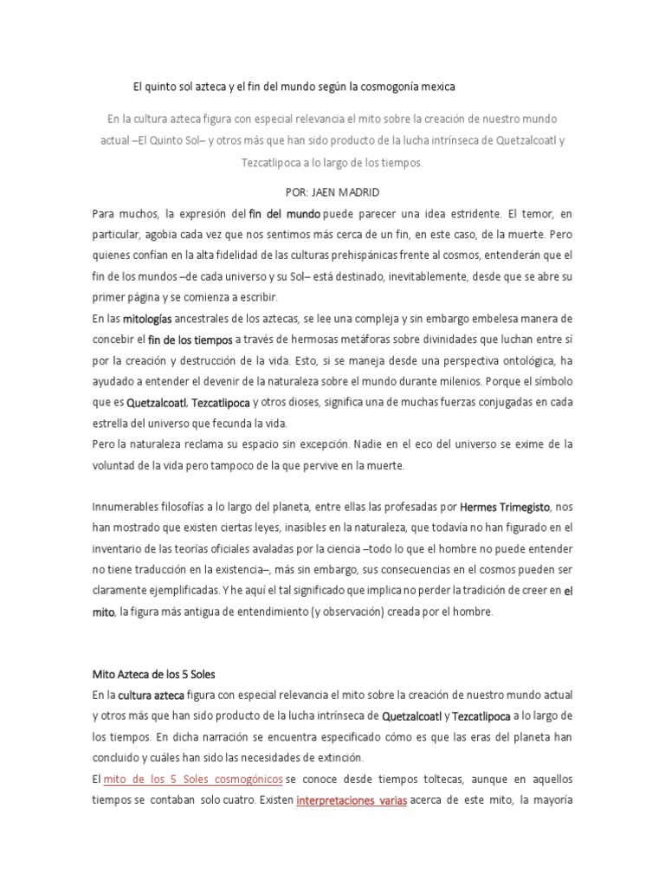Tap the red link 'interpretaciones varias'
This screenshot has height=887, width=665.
[x=352, y=800]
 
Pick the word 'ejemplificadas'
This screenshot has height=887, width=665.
[x=186, y=590]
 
